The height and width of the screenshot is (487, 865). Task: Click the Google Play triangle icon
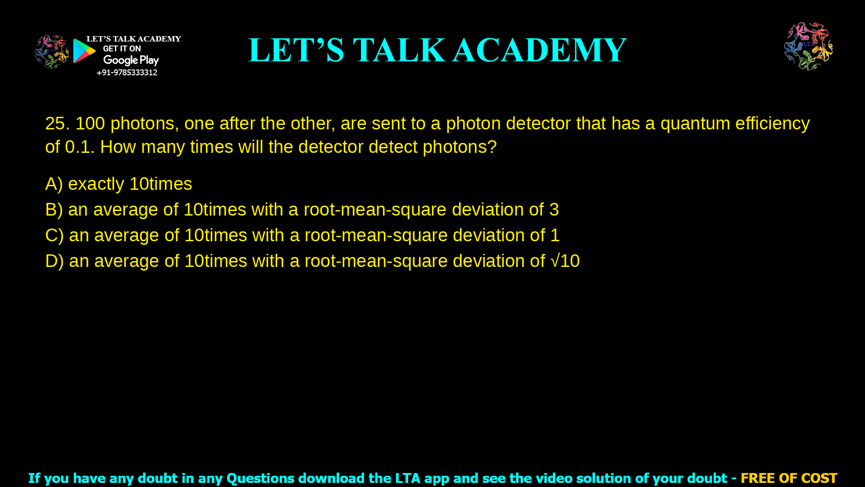click(x=84, y=51)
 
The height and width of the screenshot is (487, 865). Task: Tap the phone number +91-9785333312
click(x=127, y=73)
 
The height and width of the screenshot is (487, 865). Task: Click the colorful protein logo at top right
click(x=808, y=46)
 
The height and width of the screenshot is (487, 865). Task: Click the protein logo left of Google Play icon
click(x=51, y=52)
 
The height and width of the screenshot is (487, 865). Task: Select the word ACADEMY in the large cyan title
click(x=539, y=50)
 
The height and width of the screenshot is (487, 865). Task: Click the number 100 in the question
click(x=90, y=124)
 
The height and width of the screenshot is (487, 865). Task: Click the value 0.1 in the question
click(x=79, y=147)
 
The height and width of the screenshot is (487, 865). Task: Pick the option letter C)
click(x=55, y=235)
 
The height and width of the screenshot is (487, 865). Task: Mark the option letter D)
click(x=55, y=261)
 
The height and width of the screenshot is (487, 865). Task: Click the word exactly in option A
click(x=96, y=184)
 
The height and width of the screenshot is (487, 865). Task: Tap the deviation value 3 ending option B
click(x=554, y=210)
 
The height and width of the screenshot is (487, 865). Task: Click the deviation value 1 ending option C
click(x=555, y=235)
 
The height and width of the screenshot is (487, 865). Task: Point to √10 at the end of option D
click(x=565, y=261)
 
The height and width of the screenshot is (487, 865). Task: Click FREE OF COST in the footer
click(x=789, y=478)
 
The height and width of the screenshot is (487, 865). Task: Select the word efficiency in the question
click(x=773, y=124)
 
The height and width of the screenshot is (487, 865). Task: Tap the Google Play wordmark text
click(x=131, y=60)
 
